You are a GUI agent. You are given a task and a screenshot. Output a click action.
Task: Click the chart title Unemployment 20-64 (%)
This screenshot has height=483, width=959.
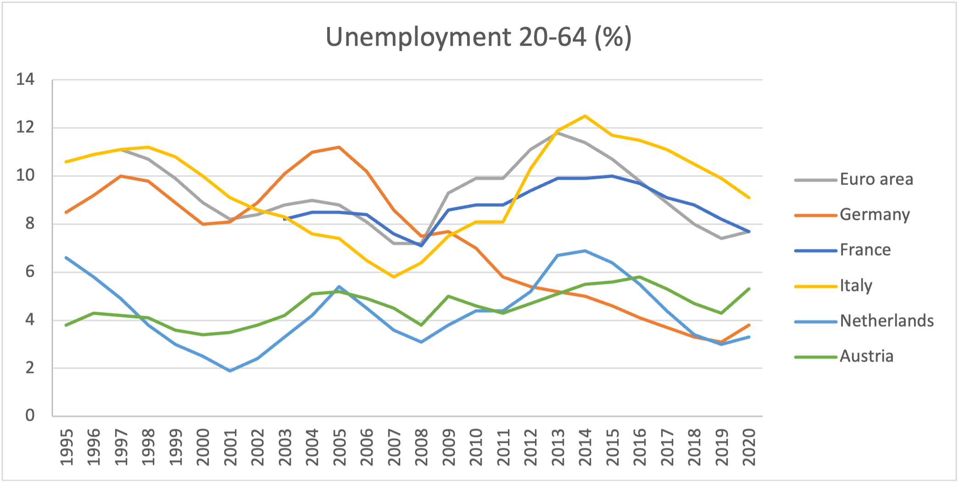(479, 37)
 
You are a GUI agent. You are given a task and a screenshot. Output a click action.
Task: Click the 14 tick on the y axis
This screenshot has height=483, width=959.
(25, 80)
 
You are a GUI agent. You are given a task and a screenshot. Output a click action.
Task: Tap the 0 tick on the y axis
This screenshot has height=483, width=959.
(30, 416)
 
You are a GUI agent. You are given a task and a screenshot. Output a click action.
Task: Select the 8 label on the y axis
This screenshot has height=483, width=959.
(30, 224)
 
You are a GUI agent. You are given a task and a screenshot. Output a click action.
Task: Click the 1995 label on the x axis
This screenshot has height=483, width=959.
(67, 447)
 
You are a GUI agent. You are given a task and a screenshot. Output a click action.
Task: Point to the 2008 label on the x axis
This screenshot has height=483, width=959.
(422, 447)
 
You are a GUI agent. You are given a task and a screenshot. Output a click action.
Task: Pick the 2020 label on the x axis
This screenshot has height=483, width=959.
(749, 447)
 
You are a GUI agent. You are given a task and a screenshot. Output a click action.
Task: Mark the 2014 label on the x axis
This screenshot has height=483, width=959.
(585, 447)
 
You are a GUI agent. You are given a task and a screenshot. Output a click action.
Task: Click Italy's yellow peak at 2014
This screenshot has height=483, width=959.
(585, 116)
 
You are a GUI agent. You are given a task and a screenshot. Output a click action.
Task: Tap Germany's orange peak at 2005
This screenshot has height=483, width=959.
(339, 147)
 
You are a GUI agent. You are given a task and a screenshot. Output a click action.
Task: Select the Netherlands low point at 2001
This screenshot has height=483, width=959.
(230, 371)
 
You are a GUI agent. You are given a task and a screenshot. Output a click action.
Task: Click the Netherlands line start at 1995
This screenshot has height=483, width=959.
(67, 258)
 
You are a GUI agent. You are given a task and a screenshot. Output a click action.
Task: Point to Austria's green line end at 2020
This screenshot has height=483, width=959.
(749, 289)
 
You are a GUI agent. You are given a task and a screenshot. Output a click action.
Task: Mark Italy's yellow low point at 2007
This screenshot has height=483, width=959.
(394, 277)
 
